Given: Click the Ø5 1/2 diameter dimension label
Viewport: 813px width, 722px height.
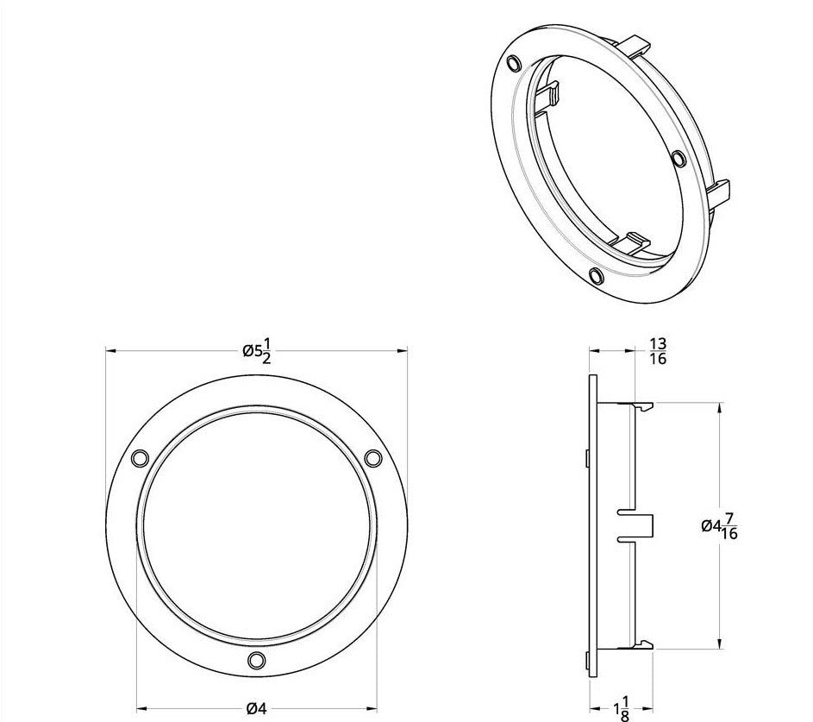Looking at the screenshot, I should (x=256, y=350).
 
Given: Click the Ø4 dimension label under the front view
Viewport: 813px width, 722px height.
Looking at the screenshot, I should (x=255, y=708).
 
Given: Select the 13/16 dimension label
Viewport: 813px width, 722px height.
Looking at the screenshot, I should (x=657, y=352).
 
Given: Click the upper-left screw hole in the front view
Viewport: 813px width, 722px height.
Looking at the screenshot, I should (x=138, y=459).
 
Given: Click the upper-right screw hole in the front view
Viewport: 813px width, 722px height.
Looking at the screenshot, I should (x=373, y=458).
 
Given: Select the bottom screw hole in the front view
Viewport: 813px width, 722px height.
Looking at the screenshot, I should (x=255, y=661).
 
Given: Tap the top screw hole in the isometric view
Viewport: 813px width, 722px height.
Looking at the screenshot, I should (x=515, y=62).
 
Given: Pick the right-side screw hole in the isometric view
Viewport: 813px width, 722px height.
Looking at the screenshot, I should (x=678, y=160).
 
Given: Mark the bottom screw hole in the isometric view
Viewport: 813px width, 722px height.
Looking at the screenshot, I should (x=594, y=275).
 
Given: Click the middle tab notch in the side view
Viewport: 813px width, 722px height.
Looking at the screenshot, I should (x=638, y=524).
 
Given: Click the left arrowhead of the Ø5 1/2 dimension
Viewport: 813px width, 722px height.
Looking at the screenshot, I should (x=109, y=350).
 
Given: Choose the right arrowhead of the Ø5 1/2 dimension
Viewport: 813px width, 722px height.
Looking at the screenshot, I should (x=403, y=350).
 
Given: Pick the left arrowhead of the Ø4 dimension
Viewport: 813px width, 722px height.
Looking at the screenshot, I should (x=141, y=708).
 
